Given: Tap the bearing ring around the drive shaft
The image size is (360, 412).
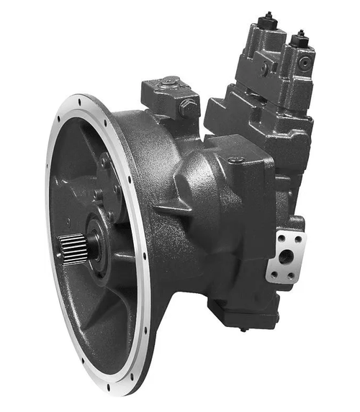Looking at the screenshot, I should tap(95, 245).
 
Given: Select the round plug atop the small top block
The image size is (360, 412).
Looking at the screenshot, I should tap(171, 81).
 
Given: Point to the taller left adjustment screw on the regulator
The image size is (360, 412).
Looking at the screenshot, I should tap(268, 16).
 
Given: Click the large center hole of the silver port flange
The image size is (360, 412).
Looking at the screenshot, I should tap(287, 256).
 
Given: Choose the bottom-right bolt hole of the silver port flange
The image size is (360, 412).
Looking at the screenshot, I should tap(292, 276).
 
